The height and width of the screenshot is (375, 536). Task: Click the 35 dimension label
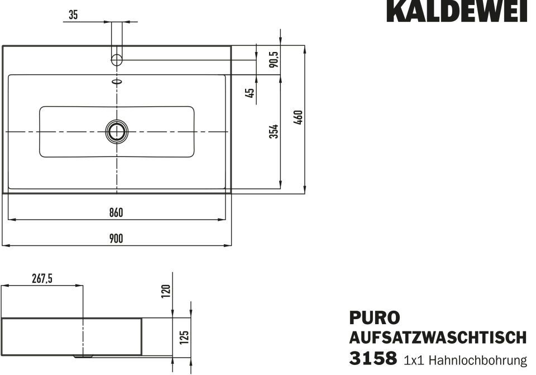click(x=73, y=15)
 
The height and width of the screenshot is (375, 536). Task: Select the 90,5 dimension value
click(x=274, y=59)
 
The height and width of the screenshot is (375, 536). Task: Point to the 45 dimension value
click(x=250, y=93)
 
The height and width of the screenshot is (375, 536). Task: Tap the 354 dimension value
click(x=274, y=131)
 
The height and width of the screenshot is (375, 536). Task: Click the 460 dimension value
click(x=298, y=117)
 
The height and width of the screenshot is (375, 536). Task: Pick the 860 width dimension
click(x=116, y=212)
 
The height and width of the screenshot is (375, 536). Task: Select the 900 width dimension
click(x=116, y=239)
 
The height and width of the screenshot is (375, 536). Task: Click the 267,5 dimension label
click(x=42, y=279)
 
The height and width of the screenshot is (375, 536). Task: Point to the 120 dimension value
click(x=166, y=291)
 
